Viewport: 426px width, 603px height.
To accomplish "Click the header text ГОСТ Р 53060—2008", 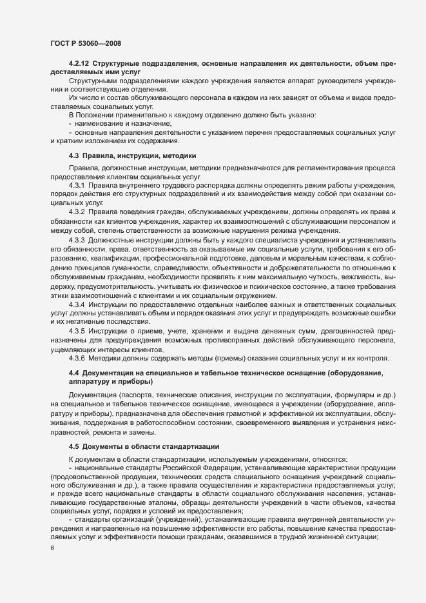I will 85,43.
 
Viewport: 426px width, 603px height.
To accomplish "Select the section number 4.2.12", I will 79,65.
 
